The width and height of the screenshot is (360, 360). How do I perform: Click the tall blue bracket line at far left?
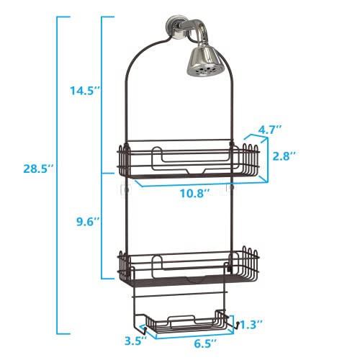58,174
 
